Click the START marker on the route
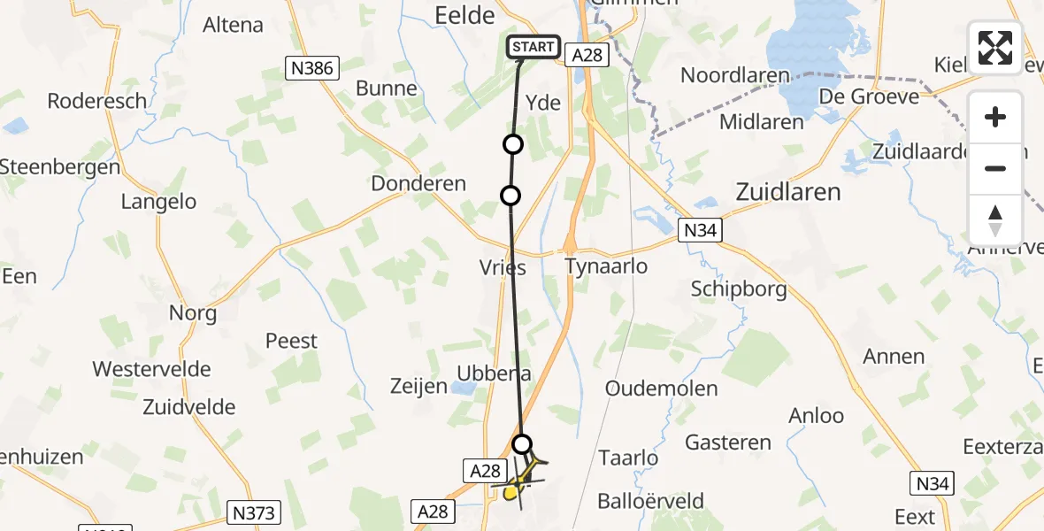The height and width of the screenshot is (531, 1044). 534,47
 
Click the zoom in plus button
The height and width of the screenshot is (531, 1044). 995,117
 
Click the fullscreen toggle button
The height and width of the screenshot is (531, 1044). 995,48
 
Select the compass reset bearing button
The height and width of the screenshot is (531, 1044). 995,220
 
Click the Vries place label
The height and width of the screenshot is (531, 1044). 503,267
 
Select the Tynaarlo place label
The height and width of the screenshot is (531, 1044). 606,265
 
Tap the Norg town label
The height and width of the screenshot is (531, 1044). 193,312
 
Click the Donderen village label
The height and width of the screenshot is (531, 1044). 418,184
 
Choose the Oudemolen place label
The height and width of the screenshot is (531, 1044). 661,388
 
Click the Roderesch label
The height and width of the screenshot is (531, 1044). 97,101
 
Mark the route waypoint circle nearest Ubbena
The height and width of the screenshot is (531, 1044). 523,443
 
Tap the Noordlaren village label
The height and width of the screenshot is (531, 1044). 734,75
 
